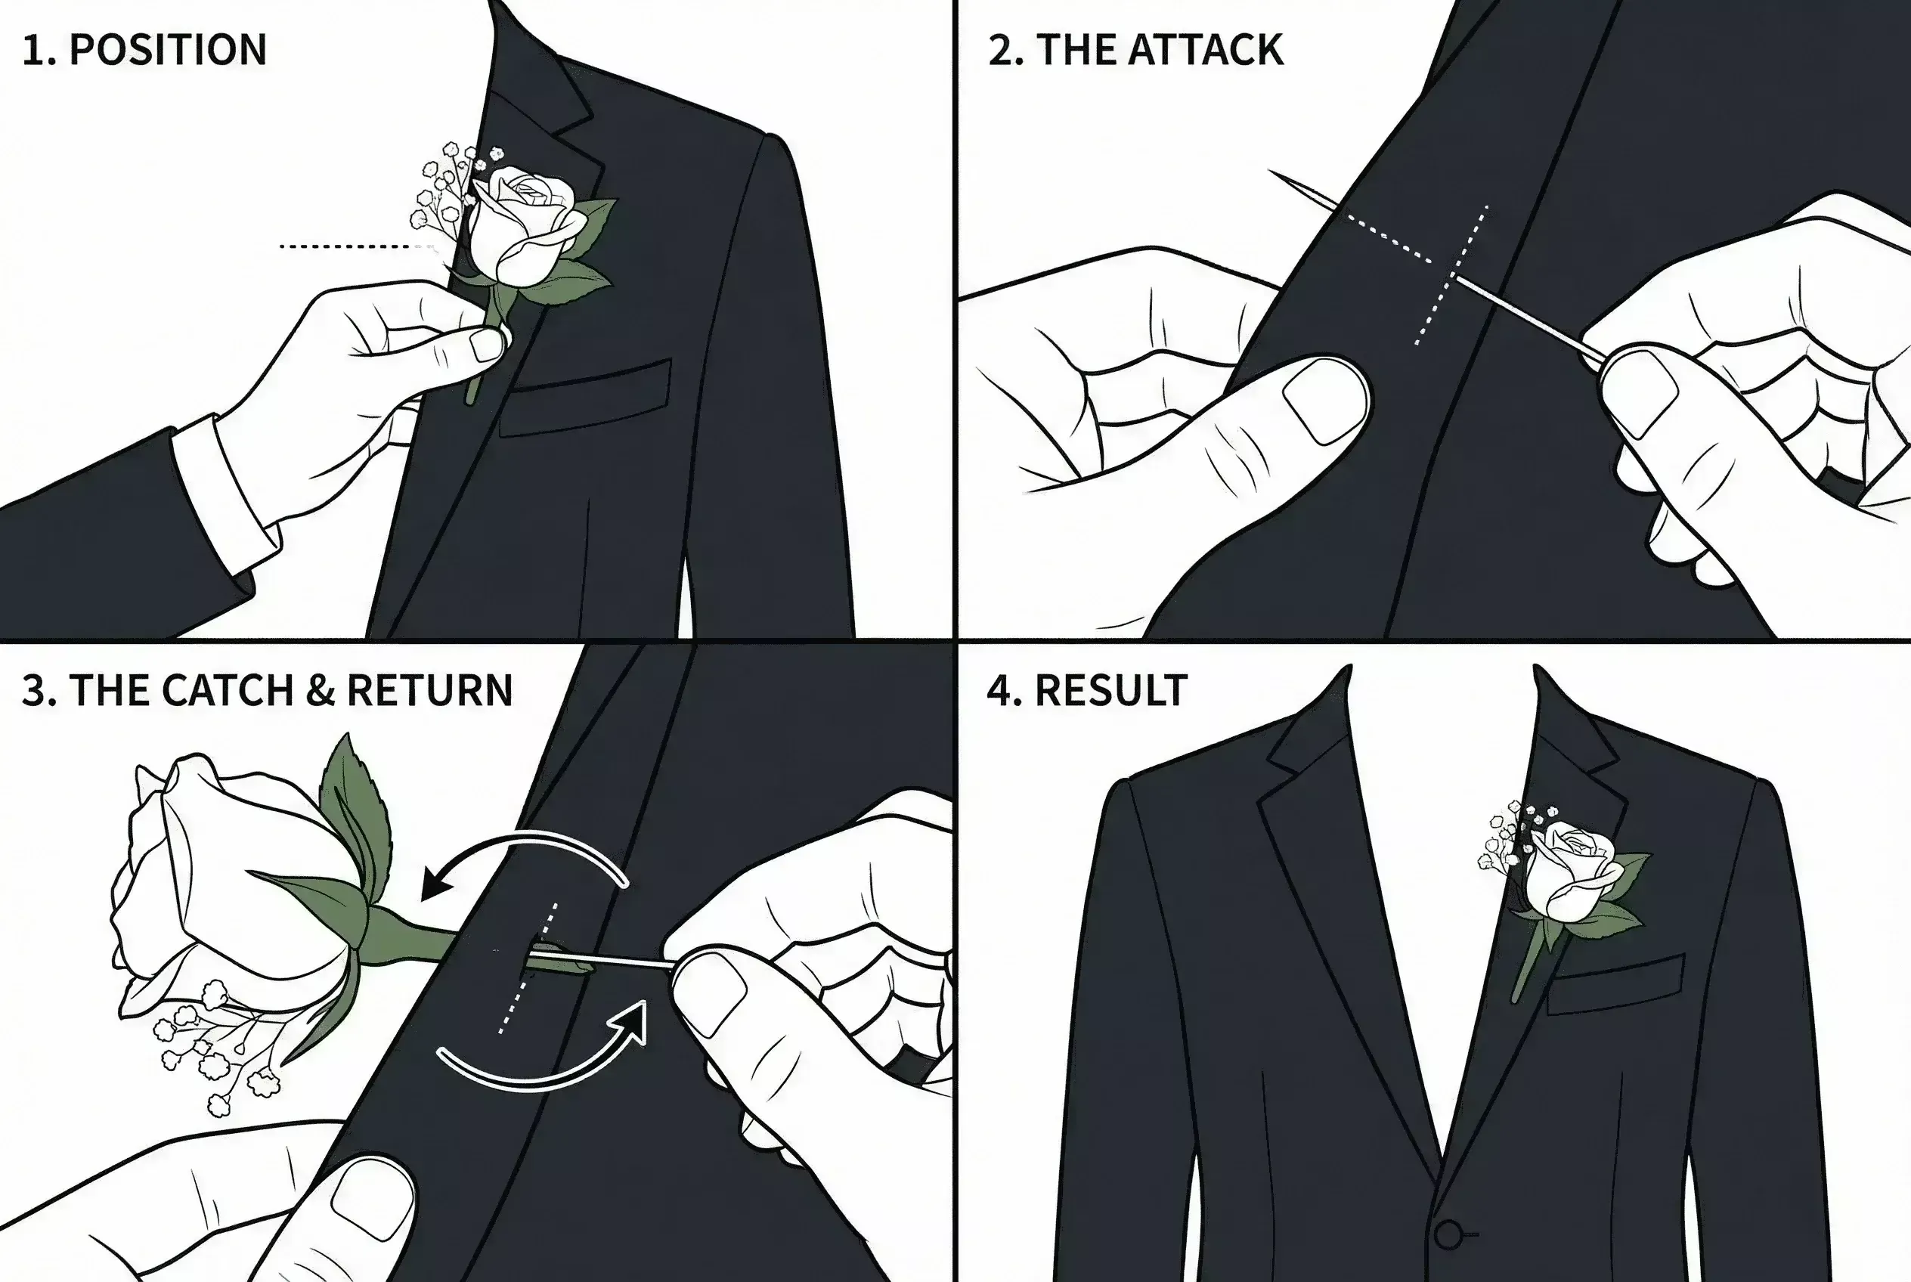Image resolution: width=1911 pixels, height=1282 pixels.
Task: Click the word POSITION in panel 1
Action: (x=168, y=50)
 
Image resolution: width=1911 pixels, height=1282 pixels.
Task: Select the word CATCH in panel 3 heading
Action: (x=228, y=690)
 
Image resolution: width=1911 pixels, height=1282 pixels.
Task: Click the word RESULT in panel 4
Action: (x=1110, y=691)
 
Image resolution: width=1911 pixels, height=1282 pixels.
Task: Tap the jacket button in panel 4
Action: (x=1448, y=1234)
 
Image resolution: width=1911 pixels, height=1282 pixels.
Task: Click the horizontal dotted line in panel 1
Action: (x=352, y=245)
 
